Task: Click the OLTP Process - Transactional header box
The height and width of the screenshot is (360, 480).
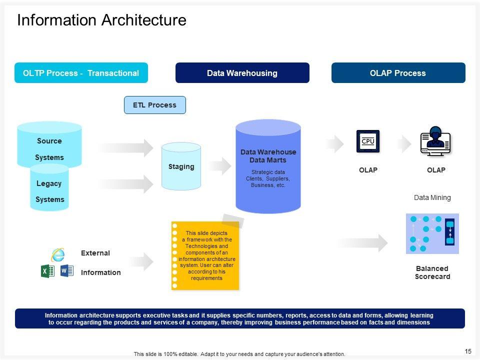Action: [81, 73]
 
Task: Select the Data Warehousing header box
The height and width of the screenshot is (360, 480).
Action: [242, 73]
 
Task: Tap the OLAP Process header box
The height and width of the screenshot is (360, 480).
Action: [398, 73]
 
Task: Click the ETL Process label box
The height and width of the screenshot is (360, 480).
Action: [155, 105]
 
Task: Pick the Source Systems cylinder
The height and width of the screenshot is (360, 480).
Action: [49, 144]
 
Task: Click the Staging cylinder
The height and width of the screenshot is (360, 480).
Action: [181, 166]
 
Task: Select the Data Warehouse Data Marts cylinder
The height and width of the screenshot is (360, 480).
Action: [268, 166]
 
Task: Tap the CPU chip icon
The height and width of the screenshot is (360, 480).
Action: [368, 141]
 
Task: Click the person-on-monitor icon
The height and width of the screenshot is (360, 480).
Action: [435, 141]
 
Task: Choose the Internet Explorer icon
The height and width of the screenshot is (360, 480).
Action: [58, 254]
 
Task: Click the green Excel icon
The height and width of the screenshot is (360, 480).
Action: [47, 271]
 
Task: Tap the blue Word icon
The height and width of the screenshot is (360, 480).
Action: [66, 270]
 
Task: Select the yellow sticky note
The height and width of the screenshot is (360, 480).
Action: [205, 255]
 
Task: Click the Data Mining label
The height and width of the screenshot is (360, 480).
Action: [432, 198]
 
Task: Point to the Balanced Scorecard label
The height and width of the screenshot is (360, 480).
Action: [432, 272]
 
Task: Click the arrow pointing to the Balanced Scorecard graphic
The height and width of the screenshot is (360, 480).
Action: [362, 243]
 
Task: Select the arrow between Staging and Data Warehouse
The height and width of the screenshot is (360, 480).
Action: [220, 166]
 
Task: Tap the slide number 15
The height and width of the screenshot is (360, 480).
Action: [468, 351]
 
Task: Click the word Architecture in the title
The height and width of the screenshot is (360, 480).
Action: [144, 20]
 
